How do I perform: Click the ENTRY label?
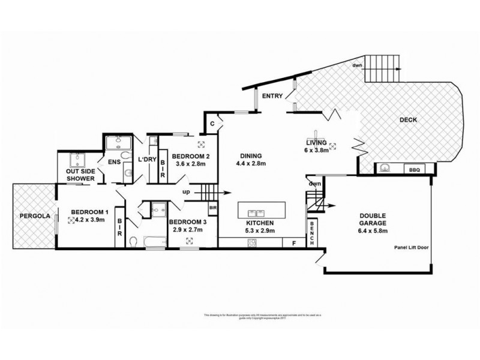click(272, 95)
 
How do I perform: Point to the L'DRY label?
click(147, 159)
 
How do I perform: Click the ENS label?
click(115, 161)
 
